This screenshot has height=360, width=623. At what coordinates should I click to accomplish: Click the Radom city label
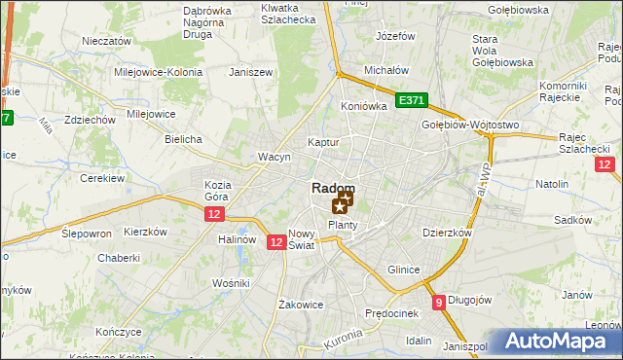pos(333,188)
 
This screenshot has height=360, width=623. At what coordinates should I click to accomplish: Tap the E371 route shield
pos(412,100)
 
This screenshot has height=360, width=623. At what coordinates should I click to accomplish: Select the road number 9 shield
pos(440,303)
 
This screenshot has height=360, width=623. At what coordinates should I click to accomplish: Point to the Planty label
pos(343,225)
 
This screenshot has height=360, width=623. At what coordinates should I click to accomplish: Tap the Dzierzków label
pos(447,234)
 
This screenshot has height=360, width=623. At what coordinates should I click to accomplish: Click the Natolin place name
pos(552,183)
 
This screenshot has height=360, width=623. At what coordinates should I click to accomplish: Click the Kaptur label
pos(322,142)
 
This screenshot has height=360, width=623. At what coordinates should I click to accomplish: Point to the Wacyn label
pos(274,157)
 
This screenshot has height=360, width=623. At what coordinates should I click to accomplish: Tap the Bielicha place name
pos(183,139)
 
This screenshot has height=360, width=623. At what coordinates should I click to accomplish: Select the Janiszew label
pos(248,72)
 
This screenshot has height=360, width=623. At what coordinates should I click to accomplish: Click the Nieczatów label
pos(107,42)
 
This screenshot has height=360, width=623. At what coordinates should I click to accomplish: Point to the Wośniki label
pos(231,282)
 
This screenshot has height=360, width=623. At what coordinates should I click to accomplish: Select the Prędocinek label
pos(391,313)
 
